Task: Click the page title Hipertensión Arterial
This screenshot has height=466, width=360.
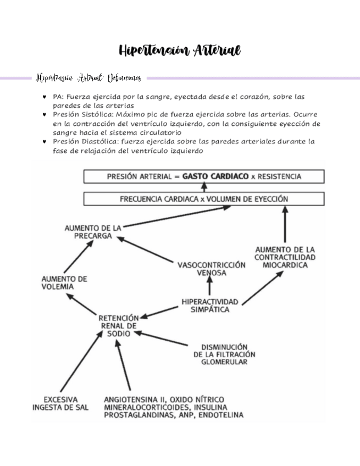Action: point(180,51)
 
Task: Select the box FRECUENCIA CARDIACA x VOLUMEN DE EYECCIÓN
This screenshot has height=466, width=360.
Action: point(203,198)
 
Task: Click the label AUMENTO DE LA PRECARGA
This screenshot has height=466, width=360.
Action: point(93,231)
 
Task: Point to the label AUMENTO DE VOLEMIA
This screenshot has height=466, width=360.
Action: point(64,282)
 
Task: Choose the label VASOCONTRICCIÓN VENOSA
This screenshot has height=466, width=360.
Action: point(212,268)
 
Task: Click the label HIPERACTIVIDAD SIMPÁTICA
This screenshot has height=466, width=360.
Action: point(210,306)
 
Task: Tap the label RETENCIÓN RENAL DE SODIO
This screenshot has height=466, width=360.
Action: point(119,325)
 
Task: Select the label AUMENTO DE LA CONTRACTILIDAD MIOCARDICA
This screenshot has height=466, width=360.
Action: point(285,257)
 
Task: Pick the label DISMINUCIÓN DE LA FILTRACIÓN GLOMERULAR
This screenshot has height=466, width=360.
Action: point(224,354)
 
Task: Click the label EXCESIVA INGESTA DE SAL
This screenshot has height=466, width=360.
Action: point(61,403)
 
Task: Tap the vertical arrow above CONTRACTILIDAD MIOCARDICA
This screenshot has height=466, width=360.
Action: point(285,225)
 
